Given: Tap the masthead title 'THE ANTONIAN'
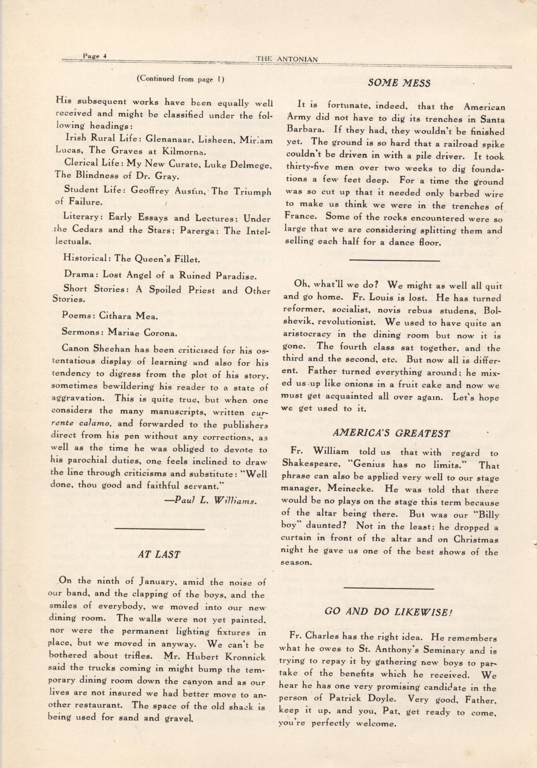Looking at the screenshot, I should coord(287,59).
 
